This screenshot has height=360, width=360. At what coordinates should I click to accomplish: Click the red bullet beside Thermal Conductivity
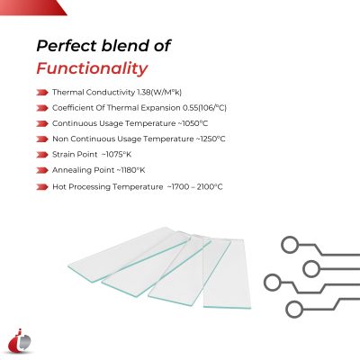tap(43, 93)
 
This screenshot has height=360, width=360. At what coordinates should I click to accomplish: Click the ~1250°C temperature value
tap(208, 139)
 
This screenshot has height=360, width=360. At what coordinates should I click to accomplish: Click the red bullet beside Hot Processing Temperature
tap(43, 186)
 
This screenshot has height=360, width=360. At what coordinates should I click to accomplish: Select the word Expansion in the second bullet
tap(138, 108)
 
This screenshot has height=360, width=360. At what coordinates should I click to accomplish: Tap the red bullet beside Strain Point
tap(43, 155)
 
